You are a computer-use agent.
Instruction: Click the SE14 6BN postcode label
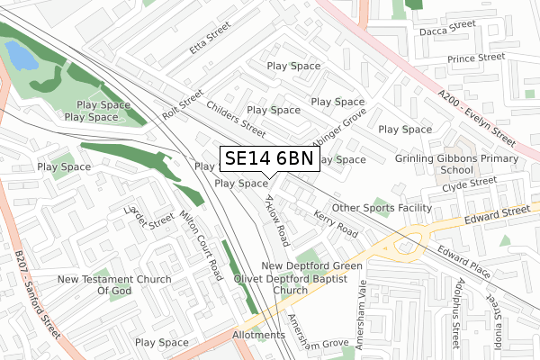pos(268,158)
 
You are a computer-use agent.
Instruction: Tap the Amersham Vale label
pos(362,311)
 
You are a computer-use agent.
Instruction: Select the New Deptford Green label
pos(311,266)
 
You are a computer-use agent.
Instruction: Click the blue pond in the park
pos(22,58)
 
